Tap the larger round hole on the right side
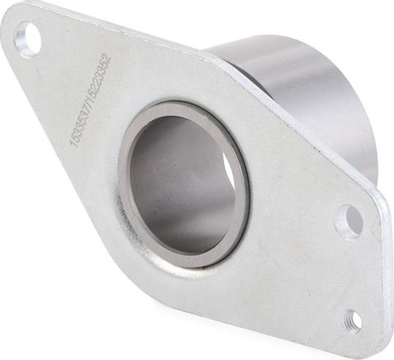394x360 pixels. coord(349,221)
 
